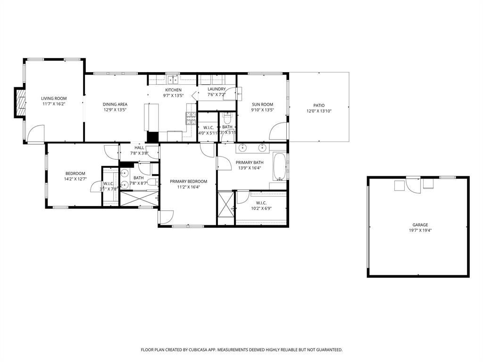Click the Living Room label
pyautogui.click(x=53, y=99)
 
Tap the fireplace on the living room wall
pyautogui.click(x=20, y=102)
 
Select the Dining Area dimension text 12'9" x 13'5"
pyautogui.click(x=115, y=110)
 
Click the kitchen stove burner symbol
pyautogui.click(x=191, y=118)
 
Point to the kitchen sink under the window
pyautogui.click(x=173, y=79)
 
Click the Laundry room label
pyautogui.click(x=217, y=89)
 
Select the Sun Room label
pyautogui.click(x=262, y=105)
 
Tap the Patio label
pyautogui.click(x=319, y=106)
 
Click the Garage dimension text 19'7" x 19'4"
pyautogui.click(x=418, y=230)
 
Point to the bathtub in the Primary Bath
pyautogui.click(x=279, y=167)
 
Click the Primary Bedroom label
pyautogui.click(x=188, y=181)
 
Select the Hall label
pyautogui.click(x=139, y=148)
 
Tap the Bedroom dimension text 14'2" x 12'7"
pyautogui.click(x=75, y=179)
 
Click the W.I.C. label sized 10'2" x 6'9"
pyautogui.click(x=262, y=203)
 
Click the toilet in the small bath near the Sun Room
pyautogui.click(x=227, y=117)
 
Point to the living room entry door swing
pyautogui.click(x=36, y=134)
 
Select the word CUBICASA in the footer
pyautogui.click(x=201, y=350)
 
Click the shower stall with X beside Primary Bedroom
pyautogui.click(x=225, y=203)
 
